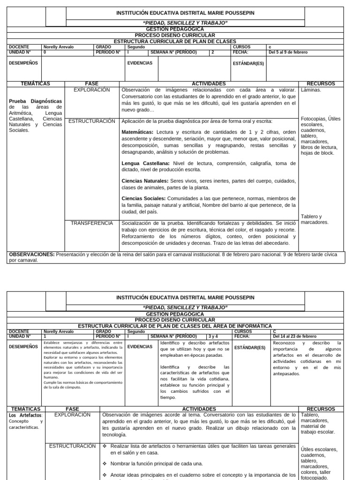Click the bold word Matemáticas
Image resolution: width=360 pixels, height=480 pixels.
point(138,132)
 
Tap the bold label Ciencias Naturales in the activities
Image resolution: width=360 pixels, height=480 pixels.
point(144,180)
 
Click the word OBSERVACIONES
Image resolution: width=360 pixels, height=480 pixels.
point(31,255)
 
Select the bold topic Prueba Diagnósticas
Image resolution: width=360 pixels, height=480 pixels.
point(35,101)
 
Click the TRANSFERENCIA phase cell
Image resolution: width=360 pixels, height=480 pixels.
point(92,223)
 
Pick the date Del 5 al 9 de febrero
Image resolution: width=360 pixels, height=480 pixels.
point(288,52)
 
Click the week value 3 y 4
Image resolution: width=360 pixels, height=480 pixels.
point(213,336)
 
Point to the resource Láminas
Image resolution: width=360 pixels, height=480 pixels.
point(311,90)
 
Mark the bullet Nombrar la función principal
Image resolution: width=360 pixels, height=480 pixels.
point(157,464)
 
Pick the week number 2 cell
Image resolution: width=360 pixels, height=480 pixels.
point(213,52)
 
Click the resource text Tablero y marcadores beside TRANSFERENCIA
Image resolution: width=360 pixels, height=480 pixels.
point(315,219)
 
